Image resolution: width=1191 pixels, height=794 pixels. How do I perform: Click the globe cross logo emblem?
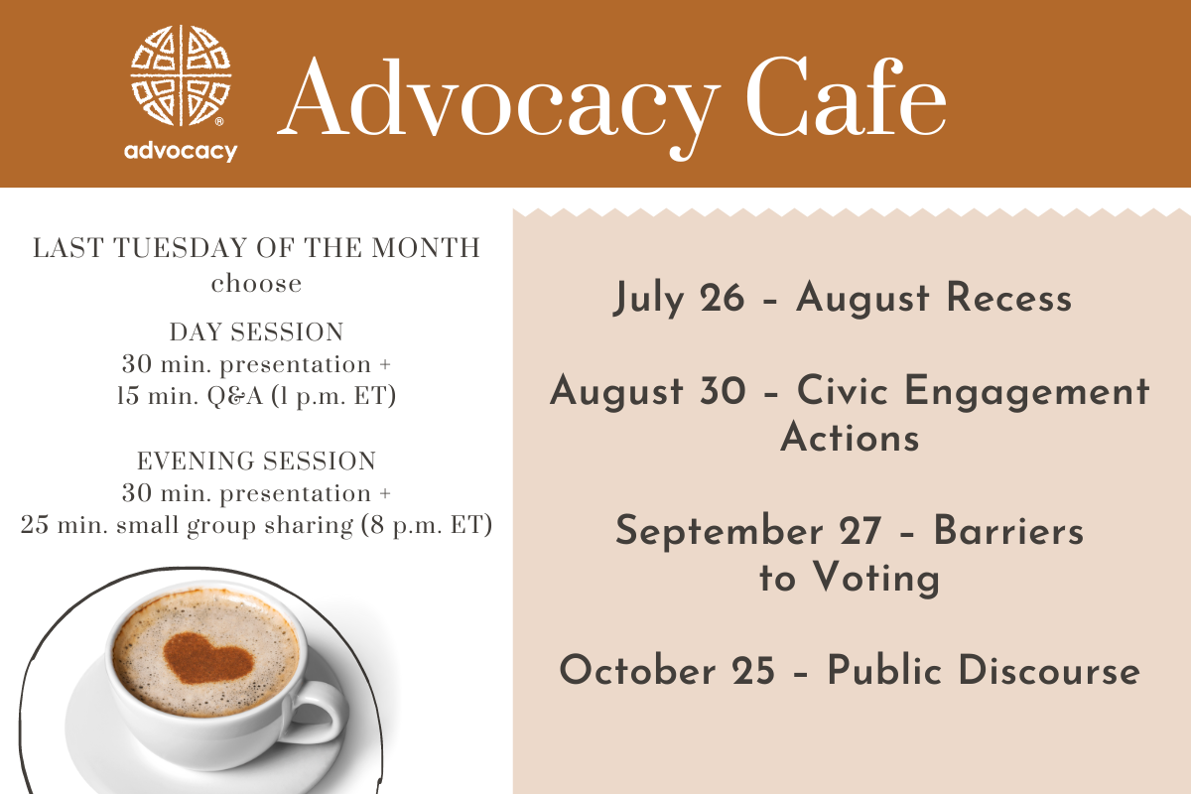point(181,75)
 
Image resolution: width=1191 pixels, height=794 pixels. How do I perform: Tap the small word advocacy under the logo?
point(181,152)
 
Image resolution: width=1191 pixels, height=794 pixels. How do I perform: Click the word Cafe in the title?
point(846,98)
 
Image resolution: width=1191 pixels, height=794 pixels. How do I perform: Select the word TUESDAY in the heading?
point(181,248)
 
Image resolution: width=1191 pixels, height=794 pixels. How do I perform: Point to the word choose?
point(256,284)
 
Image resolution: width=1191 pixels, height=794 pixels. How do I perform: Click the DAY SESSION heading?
point(256,331)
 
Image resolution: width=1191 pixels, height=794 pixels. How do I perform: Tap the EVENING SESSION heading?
point(256,461)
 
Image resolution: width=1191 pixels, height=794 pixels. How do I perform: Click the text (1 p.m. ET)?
point(333,396)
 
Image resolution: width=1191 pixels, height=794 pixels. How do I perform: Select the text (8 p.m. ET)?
point(427,525)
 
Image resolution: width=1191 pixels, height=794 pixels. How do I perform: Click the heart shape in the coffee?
point(207,658)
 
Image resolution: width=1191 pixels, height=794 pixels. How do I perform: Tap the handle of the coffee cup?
point(318,713)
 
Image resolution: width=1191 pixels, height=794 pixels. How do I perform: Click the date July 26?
point(679,299)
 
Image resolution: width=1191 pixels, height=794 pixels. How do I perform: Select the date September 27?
point(748,532)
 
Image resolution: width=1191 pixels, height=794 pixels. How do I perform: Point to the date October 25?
point(667,671)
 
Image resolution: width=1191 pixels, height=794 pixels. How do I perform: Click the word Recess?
point(1009,298)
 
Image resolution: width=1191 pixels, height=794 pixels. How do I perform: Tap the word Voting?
point(876,579)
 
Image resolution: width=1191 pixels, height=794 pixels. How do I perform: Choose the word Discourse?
point(1049,671)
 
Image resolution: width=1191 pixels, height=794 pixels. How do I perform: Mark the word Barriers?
point(1008,531)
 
